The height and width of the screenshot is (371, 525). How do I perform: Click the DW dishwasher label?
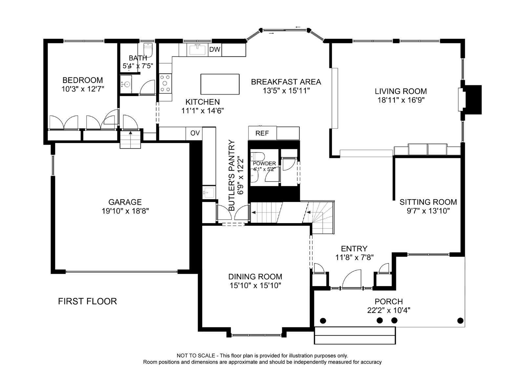point(215,50)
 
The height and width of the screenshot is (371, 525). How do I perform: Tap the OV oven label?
point(195,133)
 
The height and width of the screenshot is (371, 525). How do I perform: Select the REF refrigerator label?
point(262,134)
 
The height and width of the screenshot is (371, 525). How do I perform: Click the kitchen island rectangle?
point(220,84)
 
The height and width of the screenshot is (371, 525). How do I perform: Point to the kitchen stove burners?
point(165,83)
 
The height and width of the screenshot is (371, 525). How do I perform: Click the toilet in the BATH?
point(148,50)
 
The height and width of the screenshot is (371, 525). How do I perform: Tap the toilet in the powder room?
point(257,156)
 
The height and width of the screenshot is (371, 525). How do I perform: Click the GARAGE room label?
point(125,202)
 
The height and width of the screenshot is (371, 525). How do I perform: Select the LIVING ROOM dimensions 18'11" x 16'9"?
point(401,100)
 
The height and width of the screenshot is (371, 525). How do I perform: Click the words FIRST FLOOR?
point(87,301)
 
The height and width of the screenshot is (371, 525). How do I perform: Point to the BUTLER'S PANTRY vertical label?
point(232,175)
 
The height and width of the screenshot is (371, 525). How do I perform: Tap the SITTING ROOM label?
point(428,202)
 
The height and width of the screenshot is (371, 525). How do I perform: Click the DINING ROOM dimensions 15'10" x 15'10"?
point(255,285)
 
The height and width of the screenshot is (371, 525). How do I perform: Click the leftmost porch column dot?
point(323,320)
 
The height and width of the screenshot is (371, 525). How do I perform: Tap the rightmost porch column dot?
point(460,320)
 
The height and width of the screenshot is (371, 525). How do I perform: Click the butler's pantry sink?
point(209,193)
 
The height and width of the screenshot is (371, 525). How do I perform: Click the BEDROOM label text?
point(82,80)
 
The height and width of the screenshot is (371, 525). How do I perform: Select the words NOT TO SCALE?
point(196,356)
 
